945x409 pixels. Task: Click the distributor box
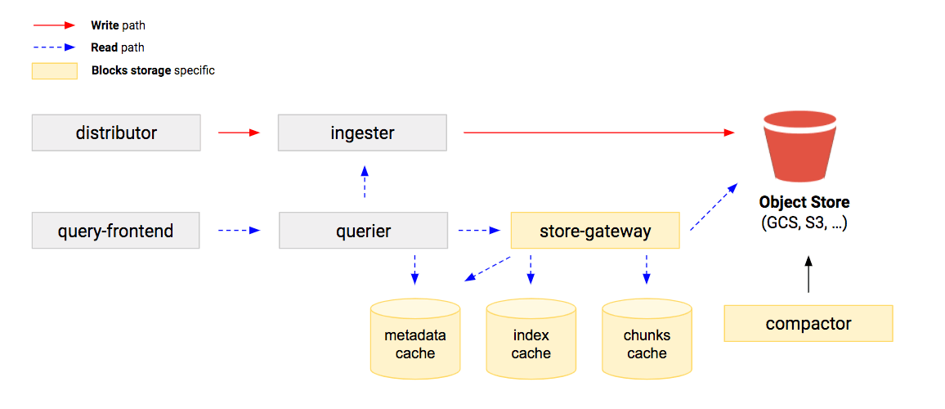(116, 133)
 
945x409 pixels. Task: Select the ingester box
(362, 133)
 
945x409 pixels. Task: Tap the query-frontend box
(115, 231)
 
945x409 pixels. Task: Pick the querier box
(363, 231)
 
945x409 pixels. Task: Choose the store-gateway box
(595, 231)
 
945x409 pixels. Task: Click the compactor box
(808, 323)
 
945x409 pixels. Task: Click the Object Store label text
(804, 202)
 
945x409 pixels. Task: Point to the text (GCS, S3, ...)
(804, 222)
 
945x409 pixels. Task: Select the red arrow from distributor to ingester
(239, 133)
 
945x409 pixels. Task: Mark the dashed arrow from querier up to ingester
(365, 182)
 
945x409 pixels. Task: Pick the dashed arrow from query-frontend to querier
(239, 231)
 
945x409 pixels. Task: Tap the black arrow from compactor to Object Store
(808, 274)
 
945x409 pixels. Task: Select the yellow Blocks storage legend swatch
(55, 71)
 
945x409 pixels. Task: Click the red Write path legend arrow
(55, 26)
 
